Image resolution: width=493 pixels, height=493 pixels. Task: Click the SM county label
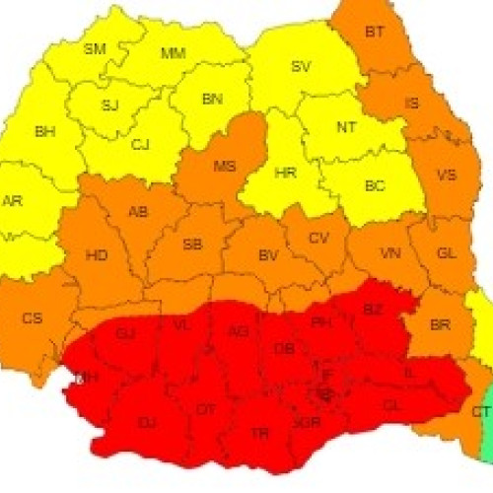pos(95,48)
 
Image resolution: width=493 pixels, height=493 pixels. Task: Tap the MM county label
pos(173,52)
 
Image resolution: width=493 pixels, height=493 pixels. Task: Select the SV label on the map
pos(301,67)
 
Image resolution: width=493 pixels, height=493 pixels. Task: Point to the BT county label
pos(375,33)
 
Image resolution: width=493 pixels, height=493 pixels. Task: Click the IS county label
pos(411,103)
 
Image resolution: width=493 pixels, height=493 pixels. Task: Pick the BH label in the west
pos(45,131)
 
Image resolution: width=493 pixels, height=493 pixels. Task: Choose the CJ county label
pos(140,144)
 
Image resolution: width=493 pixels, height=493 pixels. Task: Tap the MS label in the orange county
pos(225,166)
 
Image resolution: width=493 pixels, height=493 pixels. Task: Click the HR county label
pos(285,173)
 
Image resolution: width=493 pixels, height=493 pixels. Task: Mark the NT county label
pos(347,127)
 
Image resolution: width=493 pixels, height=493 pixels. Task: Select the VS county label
pos(446,176)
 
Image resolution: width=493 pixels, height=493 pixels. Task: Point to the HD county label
pos(97,255)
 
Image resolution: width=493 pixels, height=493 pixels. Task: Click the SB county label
pos(193,244)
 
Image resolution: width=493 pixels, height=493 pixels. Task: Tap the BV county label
pos(267,255)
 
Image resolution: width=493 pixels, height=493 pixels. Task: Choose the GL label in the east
pos(446,253)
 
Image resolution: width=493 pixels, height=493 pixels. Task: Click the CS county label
pos(33,317)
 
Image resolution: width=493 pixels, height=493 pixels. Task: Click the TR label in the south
pos(260,432)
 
